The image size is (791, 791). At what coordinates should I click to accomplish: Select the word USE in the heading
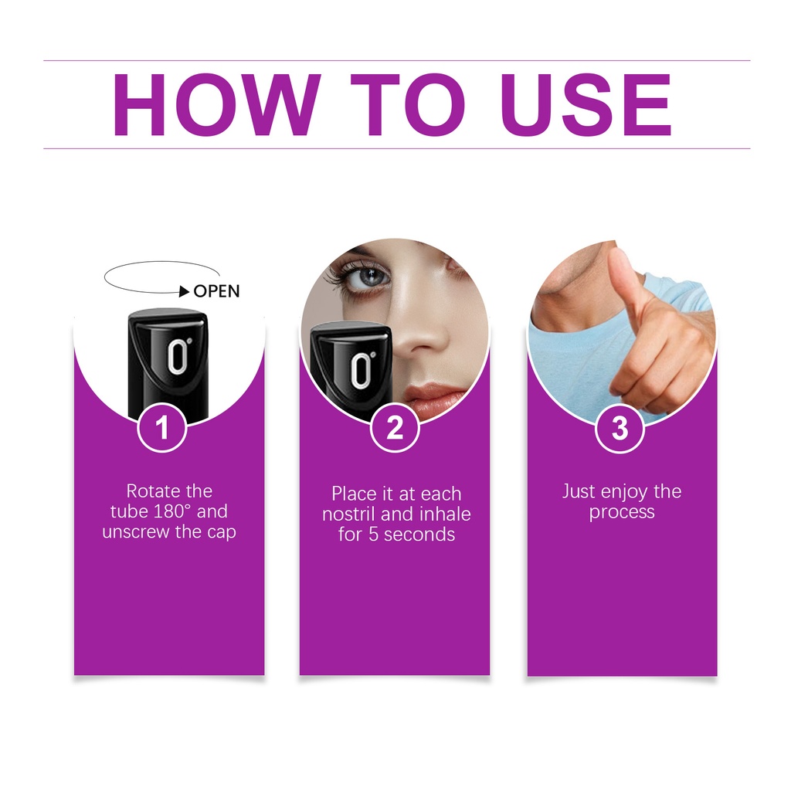[x=586, y=105]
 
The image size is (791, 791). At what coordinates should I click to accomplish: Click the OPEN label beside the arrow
[x=216, y=291]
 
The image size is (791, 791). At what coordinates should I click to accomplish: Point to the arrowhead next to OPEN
[x=185, y=291]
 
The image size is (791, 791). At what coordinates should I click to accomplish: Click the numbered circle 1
[x=162, y=428]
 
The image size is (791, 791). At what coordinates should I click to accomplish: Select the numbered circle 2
[x=395, y=428]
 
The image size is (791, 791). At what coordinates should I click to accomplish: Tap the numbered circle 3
[x=620, y=428]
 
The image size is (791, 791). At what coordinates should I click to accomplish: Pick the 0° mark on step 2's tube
[x=362, y=370]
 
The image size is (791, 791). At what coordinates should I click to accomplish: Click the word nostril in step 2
[x=349, y=514]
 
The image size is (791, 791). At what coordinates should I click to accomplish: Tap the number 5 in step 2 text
[x=373, y=535]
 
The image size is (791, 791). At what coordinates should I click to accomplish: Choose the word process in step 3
[x=622, y=513]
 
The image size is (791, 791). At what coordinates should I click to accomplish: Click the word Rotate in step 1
[x=154, y=491]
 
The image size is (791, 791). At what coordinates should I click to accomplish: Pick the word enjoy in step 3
[x=624, y=492]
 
